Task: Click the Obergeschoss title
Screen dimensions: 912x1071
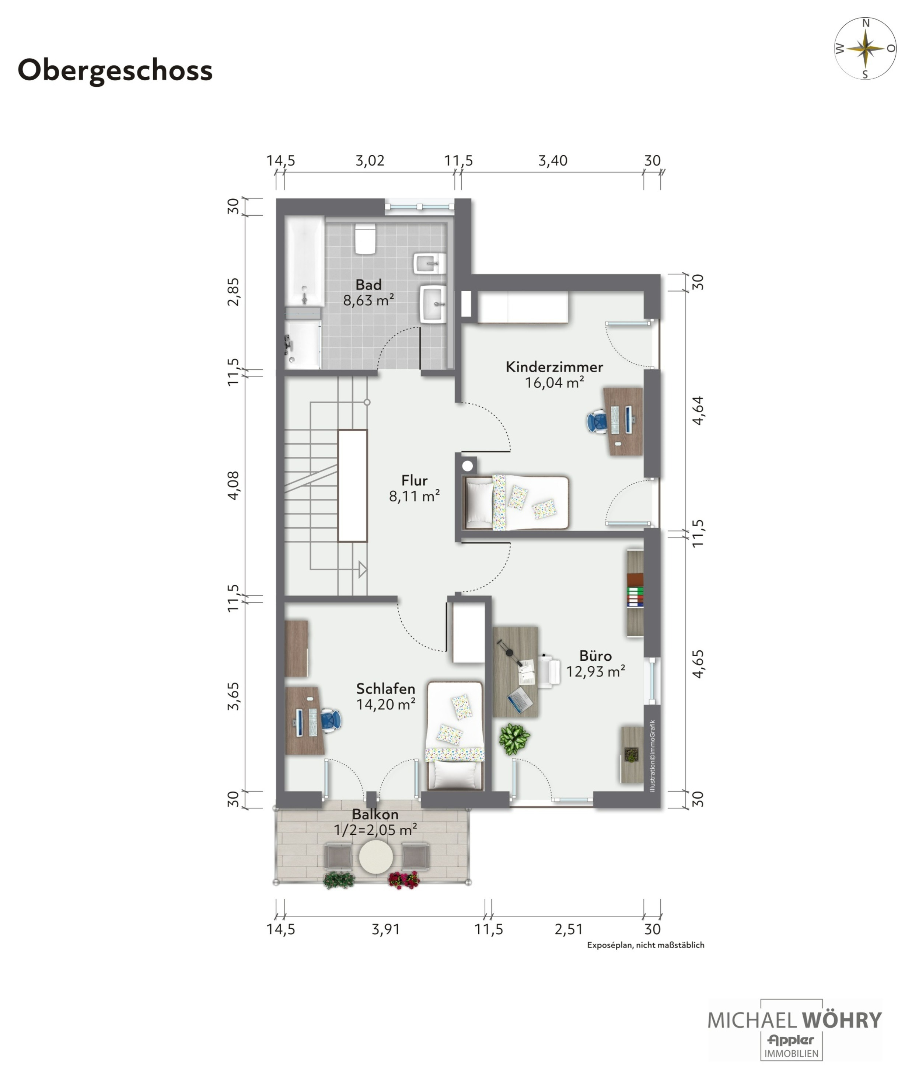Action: (x=115, y=71)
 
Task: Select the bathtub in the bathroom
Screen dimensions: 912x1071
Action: (x=304, y=261)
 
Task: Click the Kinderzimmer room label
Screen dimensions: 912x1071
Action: (x=554, y=367)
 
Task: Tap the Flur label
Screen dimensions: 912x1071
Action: (x=415, y=480)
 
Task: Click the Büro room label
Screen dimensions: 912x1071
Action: (x=595, y=656)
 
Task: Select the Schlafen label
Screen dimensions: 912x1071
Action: (x=385, y=689)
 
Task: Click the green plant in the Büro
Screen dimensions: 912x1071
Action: (x=514, y=738)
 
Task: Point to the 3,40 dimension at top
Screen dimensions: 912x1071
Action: (x=552, y=161)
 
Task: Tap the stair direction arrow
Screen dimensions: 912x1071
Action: (x=363, y=570)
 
